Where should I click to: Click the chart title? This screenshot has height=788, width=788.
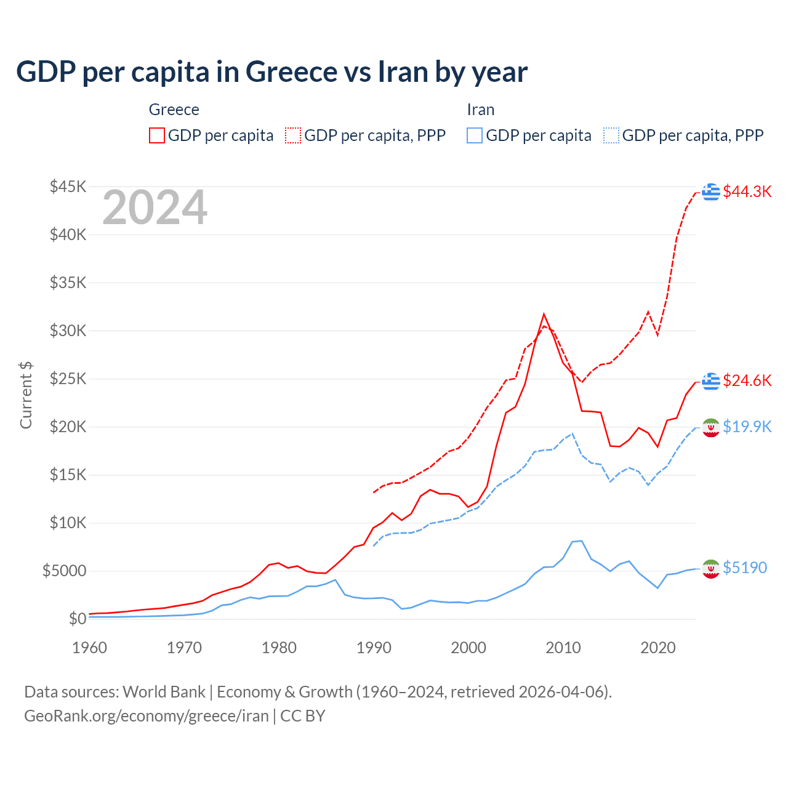271,72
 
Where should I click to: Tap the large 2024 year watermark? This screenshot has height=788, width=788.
155,208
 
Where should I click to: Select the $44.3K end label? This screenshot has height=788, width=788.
747,191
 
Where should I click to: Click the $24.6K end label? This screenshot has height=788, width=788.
747,380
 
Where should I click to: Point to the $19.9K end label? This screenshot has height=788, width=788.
747,427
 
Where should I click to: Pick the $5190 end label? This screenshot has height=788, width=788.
745,568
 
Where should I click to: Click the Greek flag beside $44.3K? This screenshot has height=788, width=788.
711,192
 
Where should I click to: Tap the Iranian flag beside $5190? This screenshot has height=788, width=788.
711,569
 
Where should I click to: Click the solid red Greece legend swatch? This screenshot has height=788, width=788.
157,135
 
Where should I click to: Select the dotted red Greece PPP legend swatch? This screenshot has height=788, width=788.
293,135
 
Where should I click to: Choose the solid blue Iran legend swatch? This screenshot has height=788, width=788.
475,135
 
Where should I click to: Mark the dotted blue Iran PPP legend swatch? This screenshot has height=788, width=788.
611,135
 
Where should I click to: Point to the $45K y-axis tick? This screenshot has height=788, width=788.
68,187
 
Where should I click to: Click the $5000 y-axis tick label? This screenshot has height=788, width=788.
64,571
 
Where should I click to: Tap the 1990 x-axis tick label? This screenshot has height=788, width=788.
374,648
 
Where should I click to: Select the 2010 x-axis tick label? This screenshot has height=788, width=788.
563,648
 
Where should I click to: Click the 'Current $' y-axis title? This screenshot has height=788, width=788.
26,395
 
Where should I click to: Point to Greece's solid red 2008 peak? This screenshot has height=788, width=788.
544,315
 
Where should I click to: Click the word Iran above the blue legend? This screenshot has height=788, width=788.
481,110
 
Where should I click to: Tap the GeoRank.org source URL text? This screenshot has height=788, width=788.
147,716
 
